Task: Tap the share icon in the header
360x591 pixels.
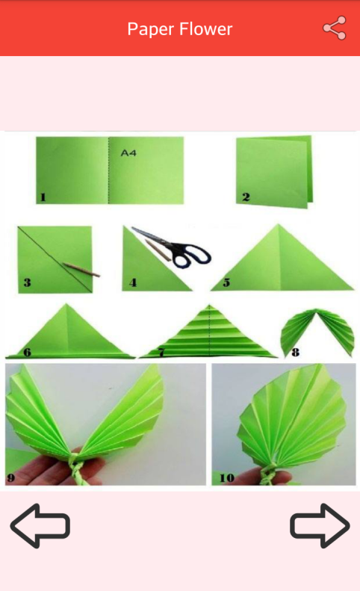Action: [335, 28]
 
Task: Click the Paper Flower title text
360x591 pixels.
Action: [180, 29]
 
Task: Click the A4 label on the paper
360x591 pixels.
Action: [128, 153]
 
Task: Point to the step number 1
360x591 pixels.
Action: [43, 197]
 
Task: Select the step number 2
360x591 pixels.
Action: [246, 197]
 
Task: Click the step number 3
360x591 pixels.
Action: [27, 282]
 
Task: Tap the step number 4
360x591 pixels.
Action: [133, 282]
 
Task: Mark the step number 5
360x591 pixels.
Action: [226, 282]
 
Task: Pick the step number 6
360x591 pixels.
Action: [27, 353]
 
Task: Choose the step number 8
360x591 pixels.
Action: [296, 353]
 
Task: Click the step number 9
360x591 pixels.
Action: [11, 478]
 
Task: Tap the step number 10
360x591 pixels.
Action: [227, 478]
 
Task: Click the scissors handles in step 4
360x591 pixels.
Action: [192, 256]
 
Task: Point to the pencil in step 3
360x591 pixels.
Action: [81, 270]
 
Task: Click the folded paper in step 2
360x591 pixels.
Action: [274, 172]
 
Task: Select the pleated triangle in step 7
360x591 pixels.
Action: [208, 333]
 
